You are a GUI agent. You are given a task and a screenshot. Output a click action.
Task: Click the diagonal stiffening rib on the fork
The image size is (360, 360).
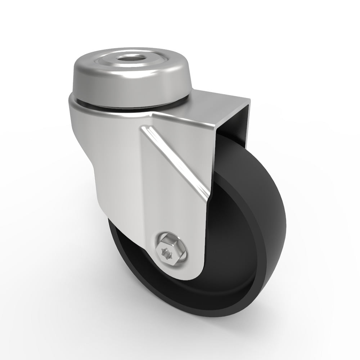click(173, 158)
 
